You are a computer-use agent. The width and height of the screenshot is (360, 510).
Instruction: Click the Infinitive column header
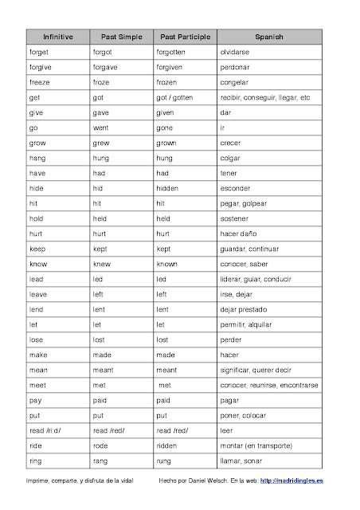tap(58, 37)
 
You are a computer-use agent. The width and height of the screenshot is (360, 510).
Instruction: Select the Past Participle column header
tap(186, 37)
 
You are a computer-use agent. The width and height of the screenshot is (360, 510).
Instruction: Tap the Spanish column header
tap(268, 37)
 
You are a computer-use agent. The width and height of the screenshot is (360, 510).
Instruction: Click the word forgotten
tap(174, 52)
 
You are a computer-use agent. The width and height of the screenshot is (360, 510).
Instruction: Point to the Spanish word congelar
tap(234, 82)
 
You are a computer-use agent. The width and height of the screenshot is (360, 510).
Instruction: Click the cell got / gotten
tap(178, 97)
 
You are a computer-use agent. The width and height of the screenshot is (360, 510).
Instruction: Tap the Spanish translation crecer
tap(231, 143)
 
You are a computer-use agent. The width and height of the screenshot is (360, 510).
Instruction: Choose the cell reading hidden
tap(168, 188)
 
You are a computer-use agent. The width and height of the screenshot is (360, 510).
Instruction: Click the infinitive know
tap(38, 264)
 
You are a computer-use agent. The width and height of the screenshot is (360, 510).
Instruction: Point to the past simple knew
tap(102, 264)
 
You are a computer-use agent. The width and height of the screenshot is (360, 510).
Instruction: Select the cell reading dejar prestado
tap(247, 309)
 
